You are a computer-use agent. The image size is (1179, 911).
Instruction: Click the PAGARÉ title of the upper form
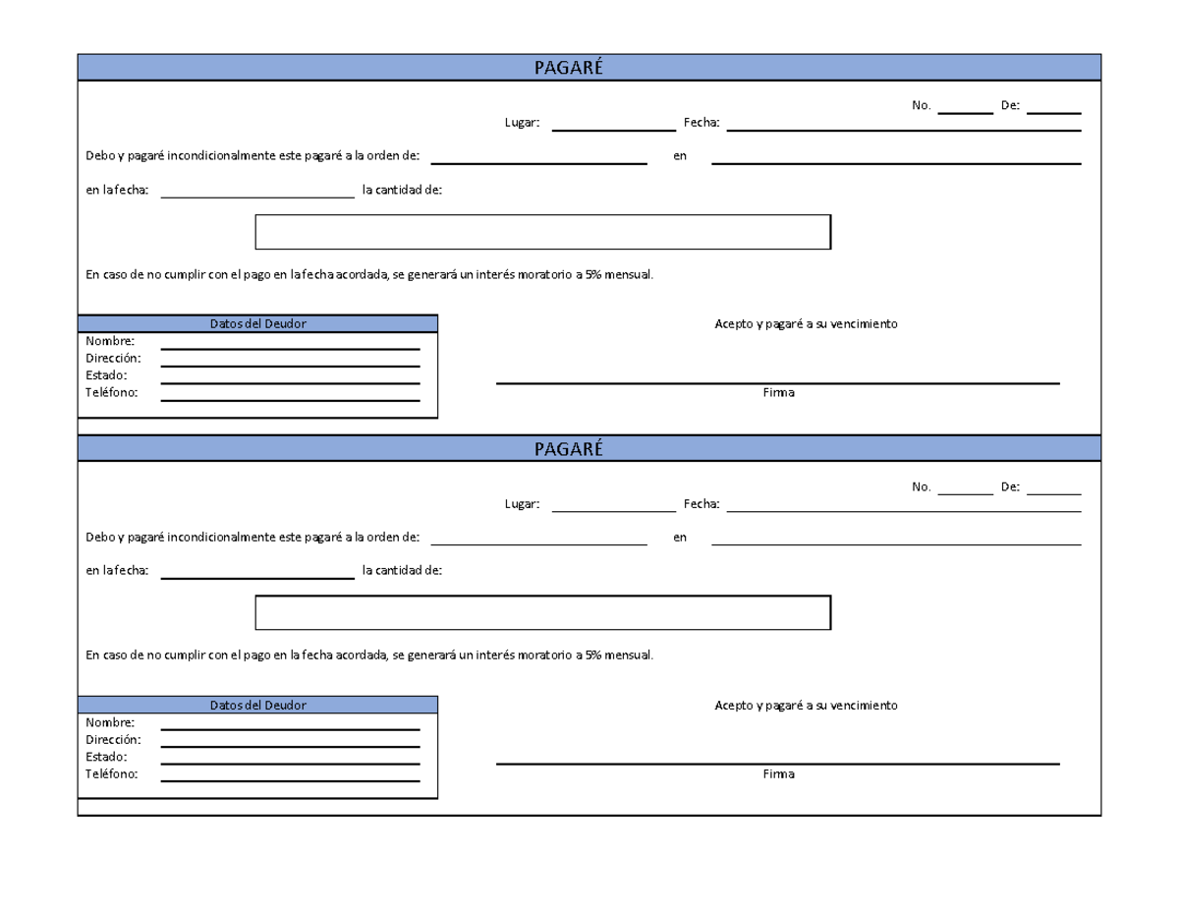(568, 68)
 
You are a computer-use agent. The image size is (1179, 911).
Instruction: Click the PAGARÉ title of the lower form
(568, 449)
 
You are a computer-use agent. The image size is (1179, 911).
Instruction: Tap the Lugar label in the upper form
(522, 123)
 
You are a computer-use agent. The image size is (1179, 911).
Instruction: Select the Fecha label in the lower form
(702, 504)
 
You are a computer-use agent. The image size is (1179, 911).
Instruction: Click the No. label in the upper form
(921, 105)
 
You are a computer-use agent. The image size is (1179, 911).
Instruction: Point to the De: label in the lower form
(1010, 486)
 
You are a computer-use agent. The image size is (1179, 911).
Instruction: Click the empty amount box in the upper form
(542, 232)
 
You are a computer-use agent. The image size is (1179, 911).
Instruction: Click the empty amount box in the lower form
(542, 612)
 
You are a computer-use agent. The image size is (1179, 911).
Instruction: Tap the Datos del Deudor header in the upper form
(257, 323)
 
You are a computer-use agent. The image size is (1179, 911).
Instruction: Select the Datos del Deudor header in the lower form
(257, 705)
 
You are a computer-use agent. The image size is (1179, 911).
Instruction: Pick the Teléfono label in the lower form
(112, 774)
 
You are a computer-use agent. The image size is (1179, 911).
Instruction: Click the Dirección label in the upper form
(113, 359)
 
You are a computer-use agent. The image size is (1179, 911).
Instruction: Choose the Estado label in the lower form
(106, 757)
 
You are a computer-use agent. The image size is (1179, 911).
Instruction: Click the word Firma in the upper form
(778, 393)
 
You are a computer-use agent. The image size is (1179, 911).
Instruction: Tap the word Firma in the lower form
(778, 774)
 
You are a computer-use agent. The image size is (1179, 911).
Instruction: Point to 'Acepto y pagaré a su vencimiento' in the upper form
(806, 324)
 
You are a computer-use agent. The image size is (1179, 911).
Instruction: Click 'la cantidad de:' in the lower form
(402, 571)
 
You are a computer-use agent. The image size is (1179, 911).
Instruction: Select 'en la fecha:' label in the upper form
(117, 191)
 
